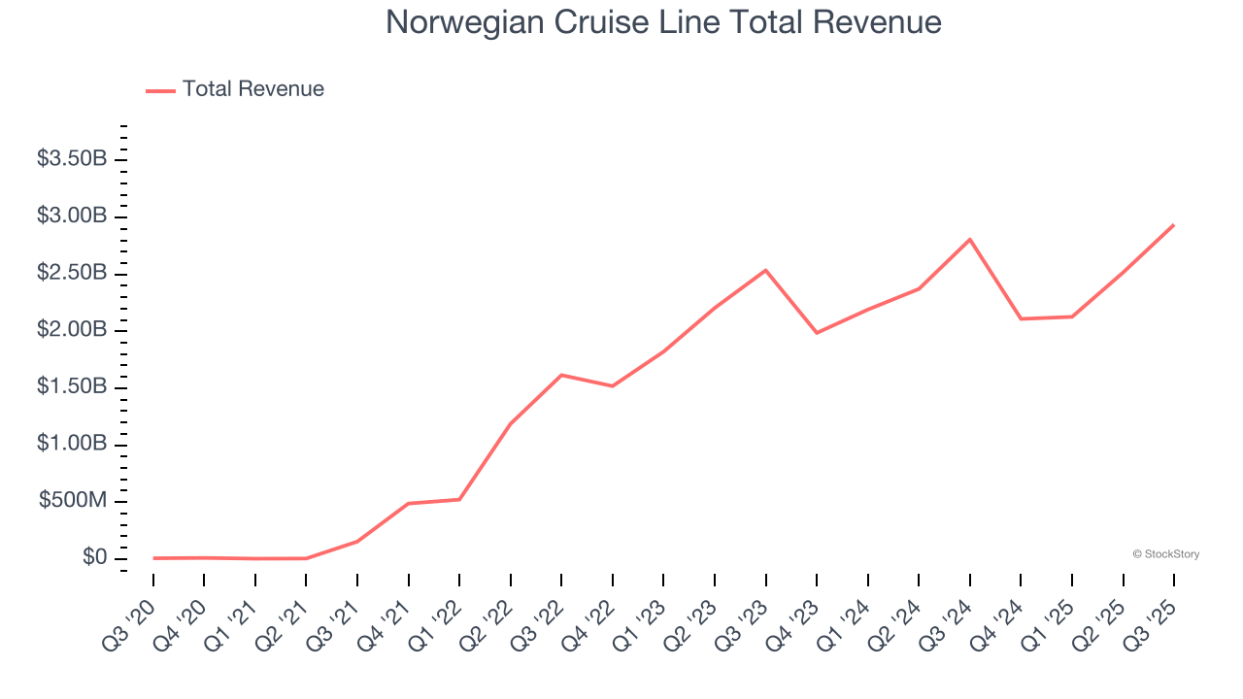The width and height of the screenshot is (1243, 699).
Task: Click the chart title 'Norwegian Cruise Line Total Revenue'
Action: click(x=663, y=22)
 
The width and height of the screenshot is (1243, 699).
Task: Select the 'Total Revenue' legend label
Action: click(x=252, y=89)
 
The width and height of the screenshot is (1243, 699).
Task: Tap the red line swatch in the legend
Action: click(x=160, y=90)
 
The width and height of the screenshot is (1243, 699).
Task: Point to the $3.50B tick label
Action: click(x=72, y=159)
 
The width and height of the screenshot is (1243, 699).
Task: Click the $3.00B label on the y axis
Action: click(x=72, y=216)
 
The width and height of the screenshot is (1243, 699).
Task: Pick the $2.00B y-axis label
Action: click(x=72, y=330)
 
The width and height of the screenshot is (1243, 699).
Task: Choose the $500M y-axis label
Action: click(x=73, y=501)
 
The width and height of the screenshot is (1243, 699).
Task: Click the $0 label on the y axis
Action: click(x=94, y=558)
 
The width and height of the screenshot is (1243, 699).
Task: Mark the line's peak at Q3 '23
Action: click(x=765, y=270)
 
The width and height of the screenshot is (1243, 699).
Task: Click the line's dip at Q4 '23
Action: click(x=817, y=333)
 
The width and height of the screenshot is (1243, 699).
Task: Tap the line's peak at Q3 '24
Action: click(x=970, y=239)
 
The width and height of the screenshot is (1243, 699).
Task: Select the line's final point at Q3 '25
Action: click(x=1174, y=224)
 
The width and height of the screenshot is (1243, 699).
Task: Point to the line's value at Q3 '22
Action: click(x=561, y=375)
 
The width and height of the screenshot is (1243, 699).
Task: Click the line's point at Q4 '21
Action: click(x=408, y=503)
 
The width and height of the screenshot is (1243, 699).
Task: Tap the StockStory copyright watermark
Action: click(x=1165, y=554)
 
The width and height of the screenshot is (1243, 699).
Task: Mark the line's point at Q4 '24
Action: click(x=1021, y=318)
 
